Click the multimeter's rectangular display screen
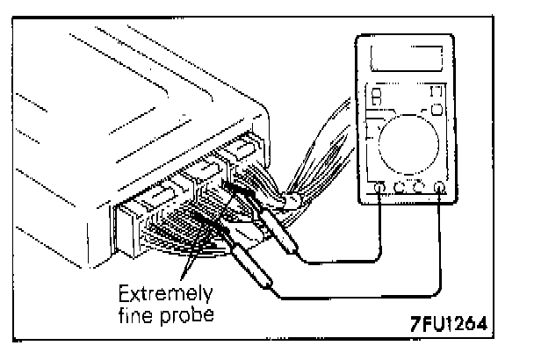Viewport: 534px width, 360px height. click(x=406, y=60)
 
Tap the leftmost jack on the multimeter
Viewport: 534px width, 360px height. click(x=379, y=186)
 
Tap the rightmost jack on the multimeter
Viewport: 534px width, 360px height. click(x=439, y=186)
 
